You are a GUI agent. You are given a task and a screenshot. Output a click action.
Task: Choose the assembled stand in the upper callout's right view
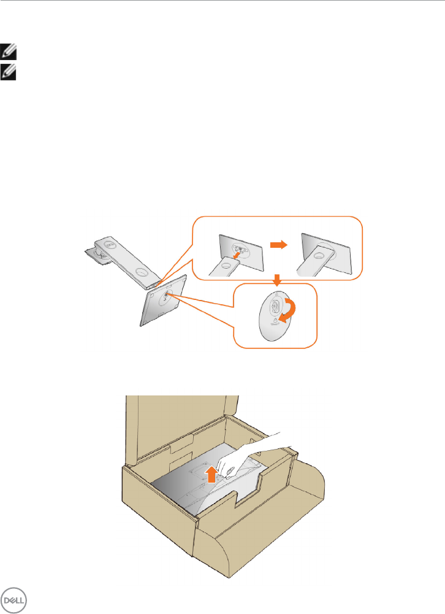(x=322, y=251)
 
